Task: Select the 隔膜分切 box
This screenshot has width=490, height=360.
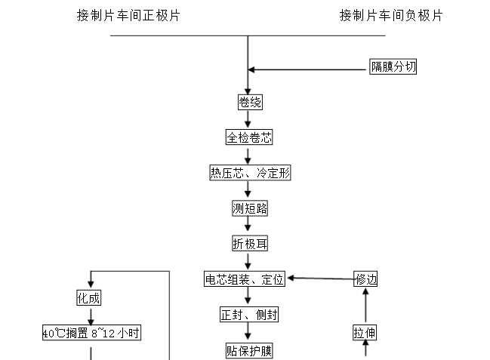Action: click(x=393, y=67)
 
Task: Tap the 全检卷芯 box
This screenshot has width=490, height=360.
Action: click(x=248, y=138)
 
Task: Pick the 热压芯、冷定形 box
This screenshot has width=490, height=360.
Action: click(x=250, y=173)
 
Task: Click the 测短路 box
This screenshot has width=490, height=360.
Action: click(x=249, y=208)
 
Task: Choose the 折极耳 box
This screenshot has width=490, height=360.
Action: click(x=249, y=243)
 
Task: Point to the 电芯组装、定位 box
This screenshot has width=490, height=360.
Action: click(x=245, y=279)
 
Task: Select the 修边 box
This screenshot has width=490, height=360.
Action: click(x=366, y=279)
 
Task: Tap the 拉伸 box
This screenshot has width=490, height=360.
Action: click(x=366, y=332)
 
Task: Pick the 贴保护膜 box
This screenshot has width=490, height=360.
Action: click(x=248, y=350)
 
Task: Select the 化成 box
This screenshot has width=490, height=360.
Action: click(x=88, y=297)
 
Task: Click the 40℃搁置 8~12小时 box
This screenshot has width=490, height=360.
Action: click(x=91, y=332)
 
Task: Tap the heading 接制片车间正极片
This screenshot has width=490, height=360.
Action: click(x=128, y=15)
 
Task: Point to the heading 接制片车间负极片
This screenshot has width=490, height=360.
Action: click(x=391, y=15)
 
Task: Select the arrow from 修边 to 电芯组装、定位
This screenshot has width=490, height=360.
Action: click(x=320, y=278)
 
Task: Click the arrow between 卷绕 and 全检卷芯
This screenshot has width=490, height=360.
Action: click(x=248, y=121)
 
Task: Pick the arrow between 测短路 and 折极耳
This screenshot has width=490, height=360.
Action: click(x=248, y=226)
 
